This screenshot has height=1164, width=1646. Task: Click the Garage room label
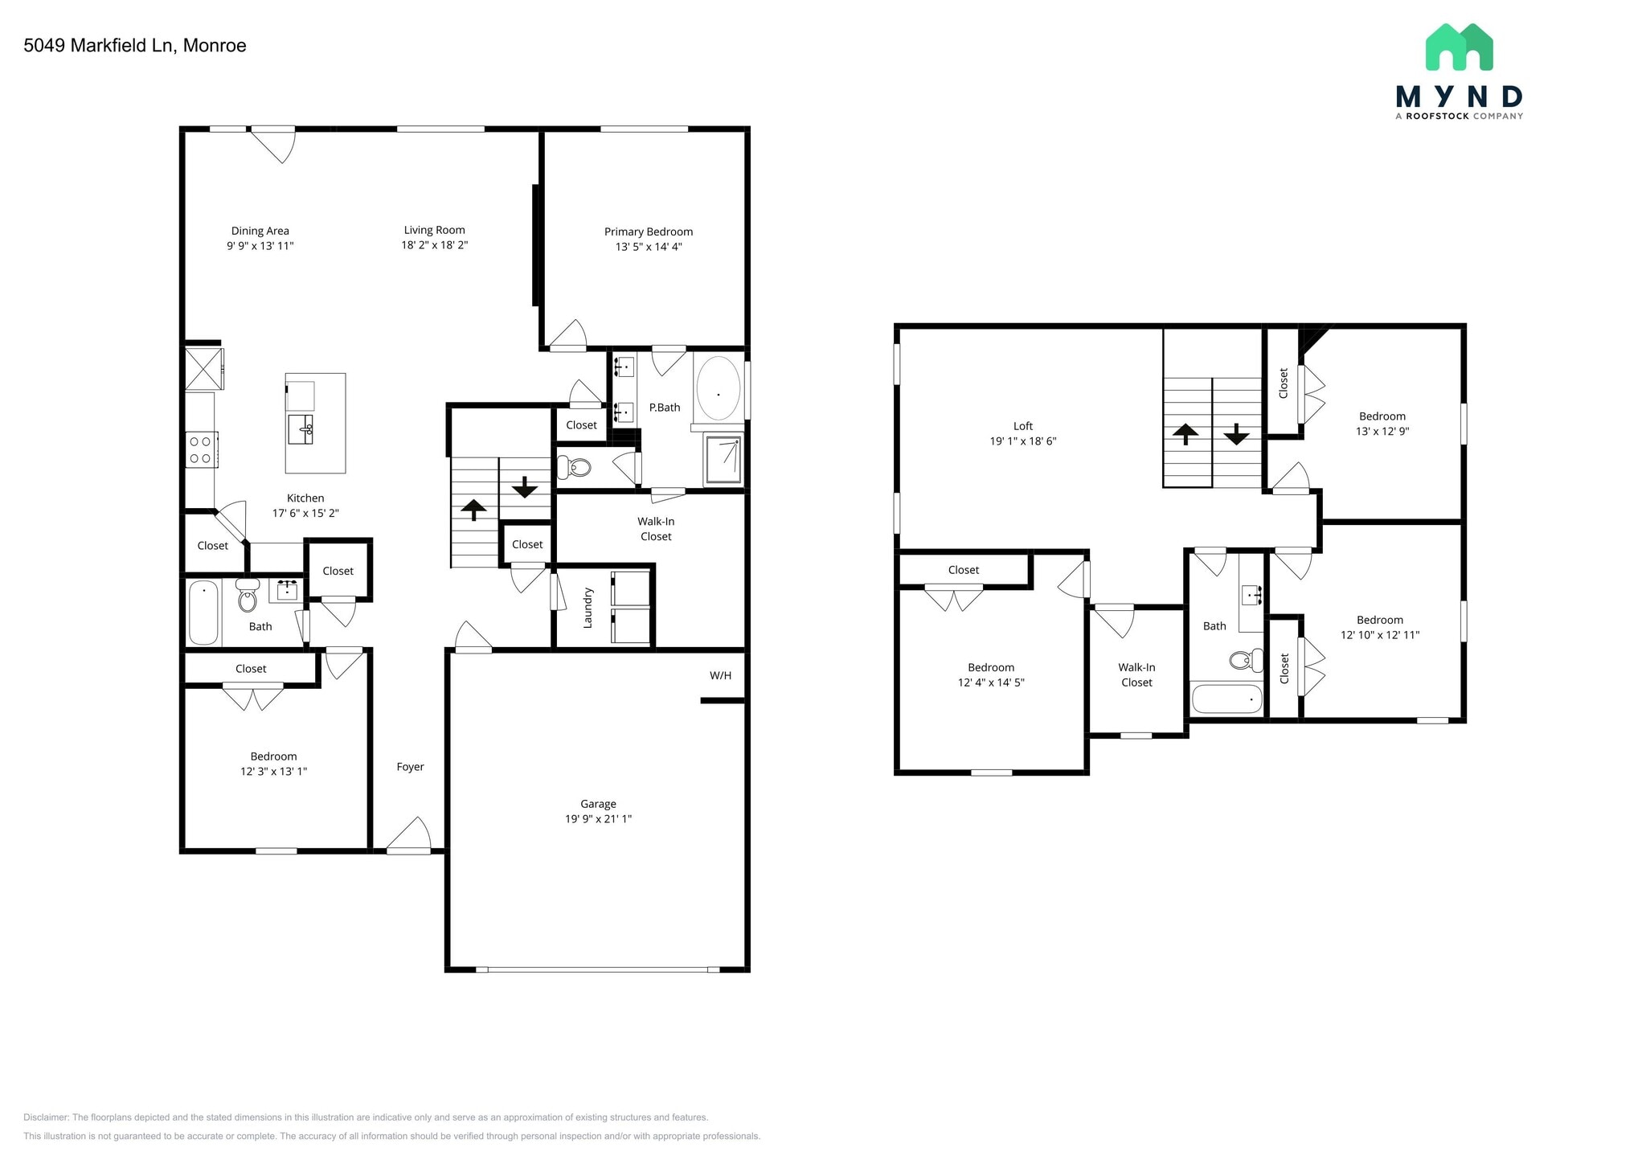tap(598, 804)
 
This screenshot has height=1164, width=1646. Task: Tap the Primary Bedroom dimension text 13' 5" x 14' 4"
tap(649, 247)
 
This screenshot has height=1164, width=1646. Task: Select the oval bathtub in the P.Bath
tap(718, 390)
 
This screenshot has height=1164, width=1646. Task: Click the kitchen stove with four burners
tap(201, 449)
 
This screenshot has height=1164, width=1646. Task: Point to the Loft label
tap(1022, 426)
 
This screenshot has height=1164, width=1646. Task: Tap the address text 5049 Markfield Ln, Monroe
tap(135, 46)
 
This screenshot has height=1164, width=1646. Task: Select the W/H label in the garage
tap(720, 675)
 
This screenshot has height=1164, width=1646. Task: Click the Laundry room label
tap(588, 607)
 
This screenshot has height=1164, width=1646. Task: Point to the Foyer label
tap(410, 767)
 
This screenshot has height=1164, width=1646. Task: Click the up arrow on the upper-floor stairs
tap(1185, 434)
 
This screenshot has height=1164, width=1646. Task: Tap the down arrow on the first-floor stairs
tap(525, 486)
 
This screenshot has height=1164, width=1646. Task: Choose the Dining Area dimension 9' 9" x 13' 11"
tap(260, 246)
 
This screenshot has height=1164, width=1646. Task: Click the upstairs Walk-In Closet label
tap(1136, 674)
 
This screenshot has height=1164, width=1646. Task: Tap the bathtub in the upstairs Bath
tap(1226, 699)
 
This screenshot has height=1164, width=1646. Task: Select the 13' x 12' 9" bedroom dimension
tap(1382, 431)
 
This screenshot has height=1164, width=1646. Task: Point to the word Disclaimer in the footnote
tap(47, 1117)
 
